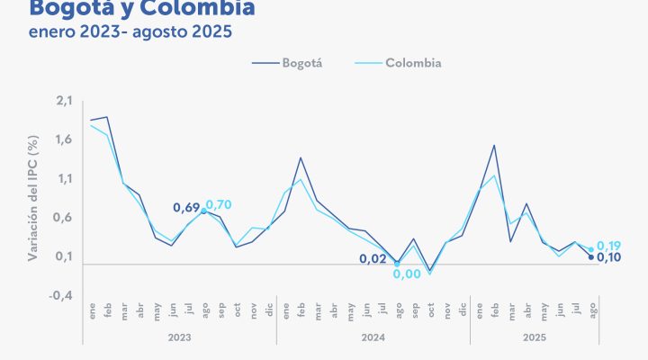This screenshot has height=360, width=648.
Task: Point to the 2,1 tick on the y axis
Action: (63, 100)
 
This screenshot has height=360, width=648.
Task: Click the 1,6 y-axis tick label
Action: (63, 139)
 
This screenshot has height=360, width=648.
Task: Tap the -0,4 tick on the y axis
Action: (61, 295)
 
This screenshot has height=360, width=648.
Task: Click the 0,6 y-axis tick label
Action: (63, 218)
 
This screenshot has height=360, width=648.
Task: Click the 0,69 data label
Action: (184, 209)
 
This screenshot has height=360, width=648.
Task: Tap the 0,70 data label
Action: (219, 205)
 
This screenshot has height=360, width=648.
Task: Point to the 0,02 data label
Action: (373, 258)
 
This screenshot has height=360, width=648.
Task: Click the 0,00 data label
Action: (407, 274)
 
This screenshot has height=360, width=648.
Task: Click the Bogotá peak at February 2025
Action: (494, 145)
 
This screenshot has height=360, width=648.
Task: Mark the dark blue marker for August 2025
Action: (591, 257)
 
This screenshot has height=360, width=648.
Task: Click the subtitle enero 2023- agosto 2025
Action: (130, 33)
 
